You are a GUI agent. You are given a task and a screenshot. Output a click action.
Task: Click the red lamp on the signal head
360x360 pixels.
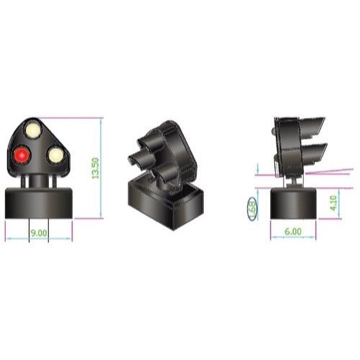(22, 155)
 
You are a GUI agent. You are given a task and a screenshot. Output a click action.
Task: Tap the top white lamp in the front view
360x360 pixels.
(33, 130)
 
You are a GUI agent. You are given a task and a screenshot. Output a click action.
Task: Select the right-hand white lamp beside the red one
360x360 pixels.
(55, 155)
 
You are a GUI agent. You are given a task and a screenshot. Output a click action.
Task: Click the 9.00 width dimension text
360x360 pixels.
(39, 233)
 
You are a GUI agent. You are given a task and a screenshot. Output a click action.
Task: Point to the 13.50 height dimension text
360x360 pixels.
(96, 168)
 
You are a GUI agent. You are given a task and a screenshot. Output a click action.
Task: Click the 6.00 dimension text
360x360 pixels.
(293, 232)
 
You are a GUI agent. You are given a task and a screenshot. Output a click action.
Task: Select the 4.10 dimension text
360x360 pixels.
(333, 203)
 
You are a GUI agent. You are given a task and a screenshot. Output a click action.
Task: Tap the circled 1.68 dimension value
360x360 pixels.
(252, 208)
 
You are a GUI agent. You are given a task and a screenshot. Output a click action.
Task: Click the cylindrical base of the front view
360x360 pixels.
(39, 203)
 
